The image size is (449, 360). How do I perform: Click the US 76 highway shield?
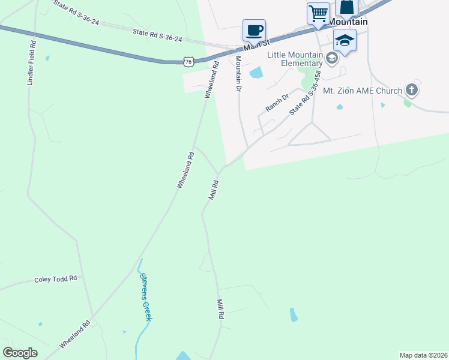tap(189, 61)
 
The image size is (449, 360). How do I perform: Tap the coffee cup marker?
tap(254, 30)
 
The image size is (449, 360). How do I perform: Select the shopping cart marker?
tap(318, 13)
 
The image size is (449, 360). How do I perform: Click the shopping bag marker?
tap(347, 8)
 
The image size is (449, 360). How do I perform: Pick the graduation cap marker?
tap(345, 40)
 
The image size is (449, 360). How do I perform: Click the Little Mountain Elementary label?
tap(295, 59)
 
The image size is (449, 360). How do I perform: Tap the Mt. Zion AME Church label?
tap(362, 91)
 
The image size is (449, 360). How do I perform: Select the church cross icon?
tap(411, 90)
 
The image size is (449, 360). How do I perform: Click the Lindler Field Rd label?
tap(32, 63)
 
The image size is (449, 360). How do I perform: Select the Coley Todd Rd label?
tap(56, 279)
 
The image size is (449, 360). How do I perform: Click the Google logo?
tap(20, 353)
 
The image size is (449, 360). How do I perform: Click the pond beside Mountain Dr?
tap(256, 73)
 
